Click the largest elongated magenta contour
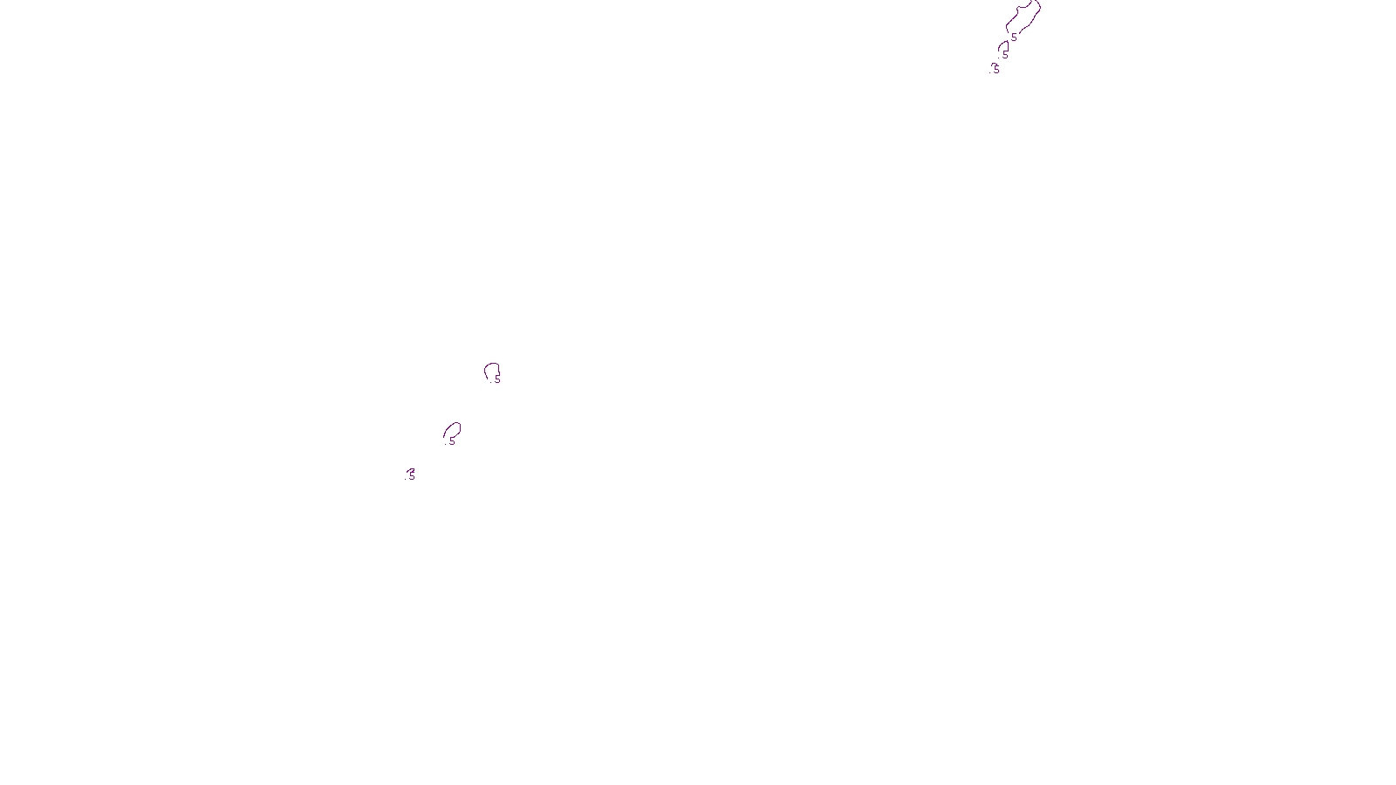(x=1024, y=17)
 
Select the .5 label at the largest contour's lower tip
(x=1014, y=38)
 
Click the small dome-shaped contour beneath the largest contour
(x=1003, y=45)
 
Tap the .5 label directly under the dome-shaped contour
(x=1005, y=54)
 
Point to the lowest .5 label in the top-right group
(x=996, y=68)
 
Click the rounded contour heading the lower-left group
(x=492, y=370)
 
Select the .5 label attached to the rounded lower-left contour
(x=497, y=379)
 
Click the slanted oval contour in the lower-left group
(x=452, y=430)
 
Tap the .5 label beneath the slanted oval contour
(x=452, y=441)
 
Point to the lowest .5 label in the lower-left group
(x=411, y=474)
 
